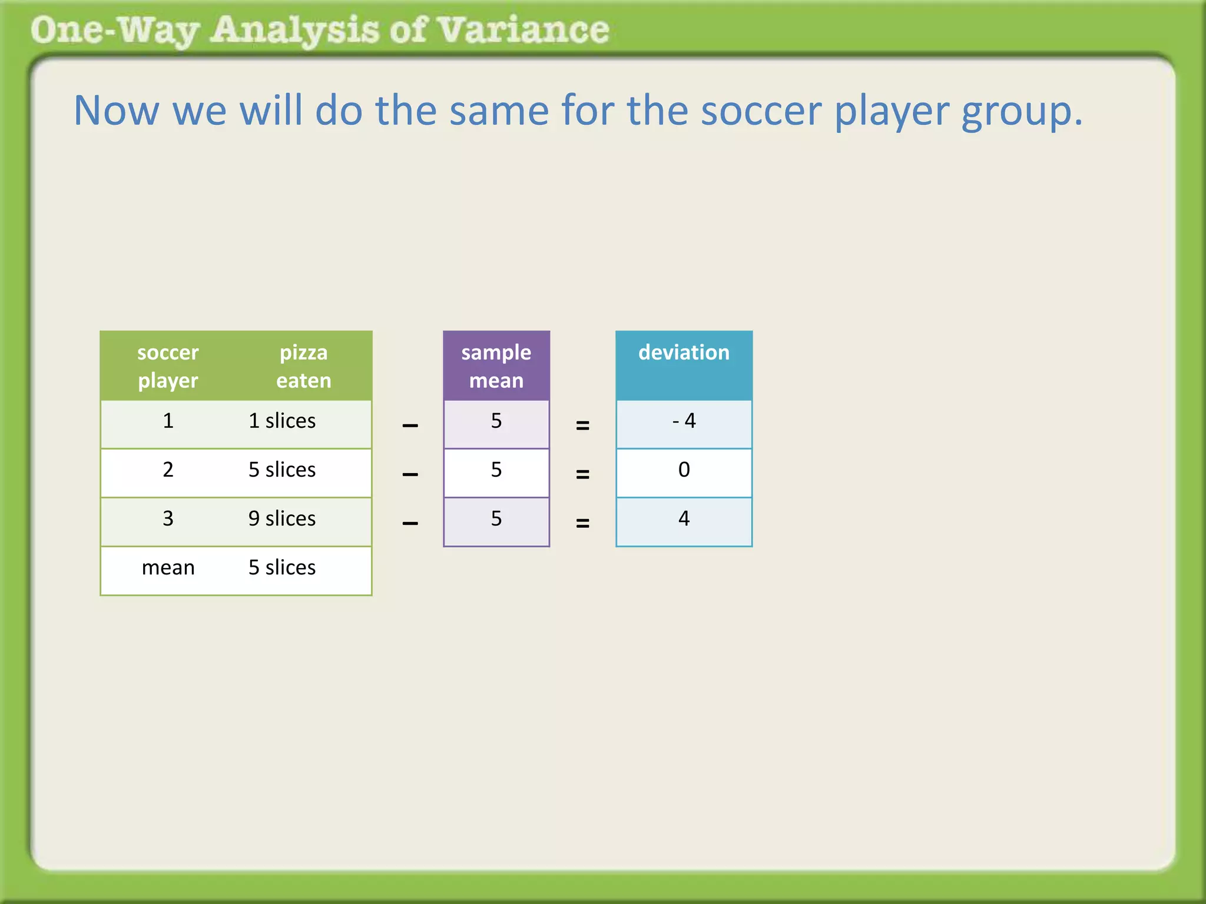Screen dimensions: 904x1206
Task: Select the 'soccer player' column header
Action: [x=168, y=366]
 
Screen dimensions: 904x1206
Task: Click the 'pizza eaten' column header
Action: [x=303, y=366]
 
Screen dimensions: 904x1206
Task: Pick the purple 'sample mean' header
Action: [x=496, y=366]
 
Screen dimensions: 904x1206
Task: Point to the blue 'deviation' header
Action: [x=684, y=353]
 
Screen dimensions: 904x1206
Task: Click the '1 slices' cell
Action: [x=282, y=421]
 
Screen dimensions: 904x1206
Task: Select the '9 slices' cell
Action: [x=282, y=519]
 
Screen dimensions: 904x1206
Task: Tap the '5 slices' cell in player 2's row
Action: [x=282, y=470]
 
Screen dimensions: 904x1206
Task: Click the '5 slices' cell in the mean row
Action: [x=282, y=567]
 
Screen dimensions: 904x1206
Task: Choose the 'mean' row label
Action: [x=168, y=567]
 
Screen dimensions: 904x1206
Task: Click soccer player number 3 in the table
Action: [x=168, y=519]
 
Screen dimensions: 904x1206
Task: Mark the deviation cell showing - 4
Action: [x=684, y=421]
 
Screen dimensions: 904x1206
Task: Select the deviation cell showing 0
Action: [x=684, y=470]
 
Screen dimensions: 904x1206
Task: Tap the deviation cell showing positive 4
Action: [x=684, y=519]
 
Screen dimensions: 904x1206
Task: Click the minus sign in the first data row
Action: [x=410, y=426]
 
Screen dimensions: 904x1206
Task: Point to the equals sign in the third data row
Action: [x=582, y=523]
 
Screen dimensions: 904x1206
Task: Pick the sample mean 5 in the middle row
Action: [x=496, y=470]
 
